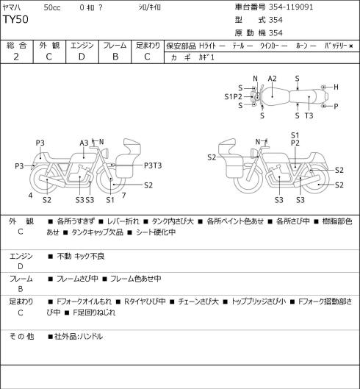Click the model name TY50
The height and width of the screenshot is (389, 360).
pos(15,19)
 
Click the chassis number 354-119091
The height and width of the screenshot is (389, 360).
pos(291,7)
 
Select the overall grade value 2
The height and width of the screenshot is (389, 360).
pos(16,57)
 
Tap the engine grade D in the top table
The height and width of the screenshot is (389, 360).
pos(82,57)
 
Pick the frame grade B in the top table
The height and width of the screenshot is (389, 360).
pos(115,57)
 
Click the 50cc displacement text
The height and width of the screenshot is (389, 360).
pos(52,7)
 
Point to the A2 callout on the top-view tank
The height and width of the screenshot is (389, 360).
pos(272,79)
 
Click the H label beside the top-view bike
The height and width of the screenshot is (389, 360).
pos(336,87)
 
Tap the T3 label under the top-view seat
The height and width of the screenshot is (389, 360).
pos(309,115)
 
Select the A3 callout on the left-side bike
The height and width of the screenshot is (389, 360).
pos(84,143)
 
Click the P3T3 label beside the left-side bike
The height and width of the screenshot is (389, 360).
pos(153,165)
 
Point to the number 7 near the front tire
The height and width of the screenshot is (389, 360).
pos(124,196)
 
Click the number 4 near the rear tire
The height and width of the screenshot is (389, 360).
pos(30,196)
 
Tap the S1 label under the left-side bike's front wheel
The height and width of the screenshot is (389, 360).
pos(110,200)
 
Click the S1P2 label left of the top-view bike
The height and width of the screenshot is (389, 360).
pos(233,96)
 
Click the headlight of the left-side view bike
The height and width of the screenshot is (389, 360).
pos(106,152)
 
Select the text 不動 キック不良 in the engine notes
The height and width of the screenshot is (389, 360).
pos(81,256)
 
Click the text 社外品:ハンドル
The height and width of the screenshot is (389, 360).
pos(79,337)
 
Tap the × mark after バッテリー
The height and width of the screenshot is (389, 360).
pos(351,46)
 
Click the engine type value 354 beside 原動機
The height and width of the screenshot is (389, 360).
pos(276,33)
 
